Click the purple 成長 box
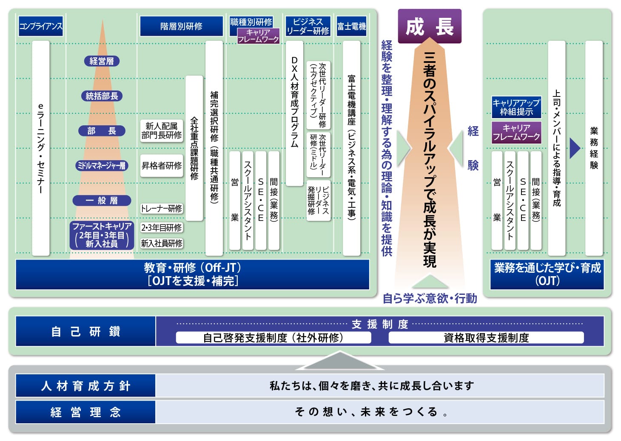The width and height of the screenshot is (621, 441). (x=429, y=26)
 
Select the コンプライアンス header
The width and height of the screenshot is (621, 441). (x=41, y=26)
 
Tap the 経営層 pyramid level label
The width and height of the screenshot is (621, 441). (x=102, y=61)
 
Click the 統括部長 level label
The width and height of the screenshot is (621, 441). (x=102, y=96)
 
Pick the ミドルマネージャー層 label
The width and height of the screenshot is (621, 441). (x=102, y=165)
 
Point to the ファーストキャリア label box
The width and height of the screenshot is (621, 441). (x=102, y=235)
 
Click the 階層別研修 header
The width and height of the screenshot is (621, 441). (x=181, y=26)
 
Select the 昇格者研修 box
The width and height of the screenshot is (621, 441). (x=162, y=165)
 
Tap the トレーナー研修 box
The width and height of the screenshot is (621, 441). (x=162, y=208)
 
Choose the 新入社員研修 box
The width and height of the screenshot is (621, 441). (x=162, y=243)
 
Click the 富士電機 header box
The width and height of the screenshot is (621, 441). (x=351, y=26)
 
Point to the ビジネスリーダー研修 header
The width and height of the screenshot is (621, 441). (x=308, y=26)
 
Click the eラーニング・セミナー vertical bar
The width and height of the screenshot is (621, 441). (x=41, y=148)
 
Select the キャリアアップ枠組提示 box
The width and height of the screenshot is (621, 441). (x=516, y=107)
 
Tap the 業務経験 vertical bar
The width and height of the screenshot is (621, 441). (x=594, y=148)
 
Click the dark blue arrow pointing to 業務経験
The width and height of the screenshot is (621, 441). (x=575, y=148)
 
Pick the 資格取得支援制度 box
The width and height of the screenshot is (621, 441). (x=486, y=338)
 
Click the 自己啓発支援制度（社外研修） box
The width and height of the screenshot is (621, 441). (x=273, y=338)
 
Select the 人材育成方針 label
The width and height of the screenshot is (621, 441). (x=85, y=386)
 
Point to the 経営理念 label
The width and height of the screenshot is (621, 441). (x=85, y=412)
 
